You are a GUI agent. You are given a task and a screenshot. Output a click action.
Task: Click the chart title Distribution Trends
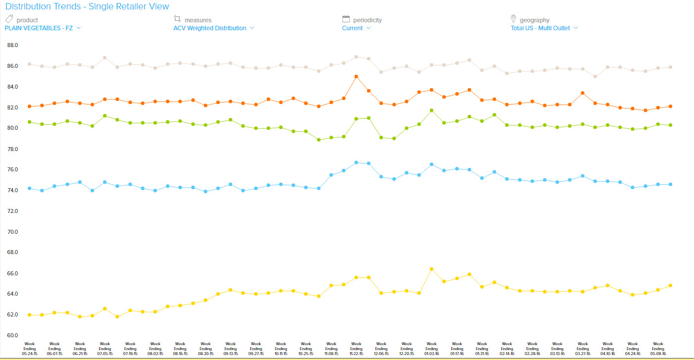pyautogui.click(x=87, y=6)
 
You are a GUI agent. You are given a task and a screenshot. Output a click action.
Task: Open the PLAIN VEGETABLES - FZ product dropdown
pyautogui.click(x=43, y=28)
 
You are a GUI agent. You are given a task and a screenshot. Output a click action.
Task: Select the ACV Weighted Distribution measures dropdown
pyautogui.click(x=214, y=28)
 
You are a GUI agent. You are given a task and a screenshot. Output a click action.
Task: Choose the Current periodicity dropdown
pyautogui.click(x=356, y=28)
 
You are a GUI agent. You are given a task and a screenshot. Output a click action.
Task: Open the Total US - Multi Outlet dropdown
pyautogui.click(x=544, y=28)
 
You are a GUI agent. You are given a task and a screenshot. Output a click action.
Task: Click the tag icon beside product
pyautogui.click(x=8, y=19)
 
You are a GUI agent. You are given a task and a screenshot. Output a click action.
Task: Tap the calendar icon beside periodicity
pyautogui.click(x=346, y=19)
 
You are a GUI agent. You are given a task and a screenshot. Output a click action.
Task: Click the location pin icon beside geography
pyautogui.click(x=514, y=19)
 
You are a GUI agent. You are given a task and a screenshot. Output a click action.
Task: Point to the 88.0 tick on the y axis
pyautogui.click(x=13, y=45)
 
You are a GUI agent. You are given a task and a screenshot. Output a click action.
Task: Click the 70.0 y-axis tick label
pyautogui.click(x=13, y=232)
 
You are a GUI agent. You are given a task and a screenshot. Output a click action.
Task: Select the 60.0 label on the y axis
pyautogui.click(x=13, y=335)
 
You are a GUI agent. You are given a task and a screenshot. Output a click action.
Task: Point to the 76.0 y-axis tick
pyautogui.click(x=13, y=170)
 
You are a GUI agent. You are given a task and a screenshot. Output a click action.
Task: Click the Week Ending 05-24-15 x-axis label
pyautogui.click(x=29, y=349)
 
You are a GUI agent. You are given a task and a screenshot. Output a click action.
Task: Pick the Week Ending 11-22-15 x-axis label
pyautogui.click(x=356, y=349)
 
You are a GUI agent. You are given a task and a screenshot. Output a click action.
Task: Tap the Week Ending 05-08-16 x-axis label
pyautogui.click(x=658, y=349)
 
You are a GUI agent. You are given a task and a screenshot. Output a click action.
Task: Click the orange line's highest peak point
pyautogui.click(x=356, y=77)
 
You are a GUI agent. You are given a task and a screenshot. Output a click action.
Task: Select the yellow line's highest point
pyautogui.click(x=431, y=269)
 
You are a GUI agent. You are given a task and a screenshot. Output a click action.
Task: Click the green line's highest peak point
pyautogui.click(x=431, y=110)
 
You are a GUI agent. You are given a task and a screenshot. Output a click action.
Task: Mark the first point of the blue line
pyautogui.click(x=29, y=188)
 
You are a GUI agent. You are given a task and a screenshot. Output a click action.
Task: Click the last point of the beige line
pyautogui.click(x=670, y=67)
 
